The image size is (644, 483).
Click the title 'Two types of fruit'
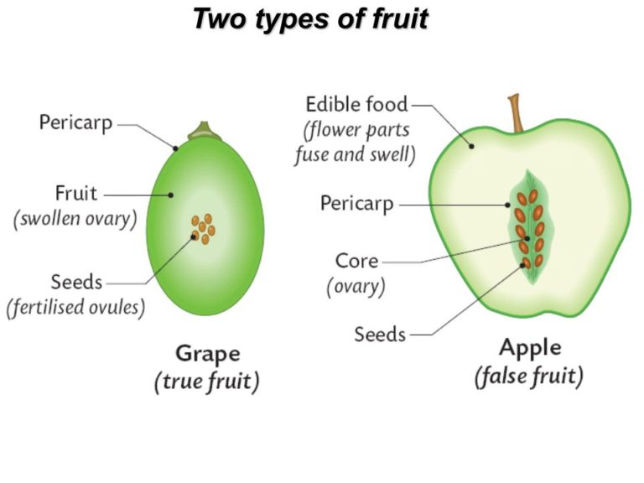(311, 19)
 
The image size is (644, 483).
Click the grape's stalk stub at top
(205, 131)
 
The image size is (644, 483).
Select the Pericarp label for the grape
(75, 122)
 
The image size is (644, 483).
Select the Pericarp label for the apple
(357, 204)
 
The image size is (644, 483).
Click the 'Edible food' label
(356, 104)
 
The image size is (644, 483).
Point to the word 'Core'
(356, 261)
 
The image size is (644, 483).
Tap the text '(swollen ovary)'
(75, 219)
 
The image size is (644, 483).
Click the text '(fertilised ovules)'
(76, 307)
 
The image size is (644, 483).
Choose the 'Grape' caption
(208, 354)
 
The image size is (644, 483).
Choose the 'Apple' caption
(530, 348)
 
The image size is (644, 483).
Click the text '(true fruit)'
(207, 382)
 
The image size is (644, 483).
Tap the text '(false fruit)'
(529, 377)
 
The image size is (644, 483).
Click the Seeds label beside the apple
(380, 335)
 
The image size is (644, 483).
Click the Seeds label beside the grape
(76, 282)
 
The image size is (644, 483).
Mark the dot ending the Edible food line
(471, 146)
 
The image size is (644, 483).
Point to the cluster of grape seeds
(203, 229)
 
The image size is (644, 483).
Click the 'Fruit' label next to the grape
(76, 193)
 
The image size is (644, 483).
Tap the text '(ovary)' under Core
(356, 286)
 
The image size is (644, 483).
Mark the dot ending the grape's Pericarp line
(175, 148)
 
